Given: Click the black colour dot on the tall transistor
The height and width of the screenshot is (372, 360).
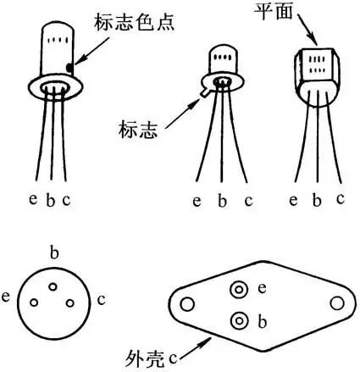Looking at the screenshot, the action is tap(69, 68).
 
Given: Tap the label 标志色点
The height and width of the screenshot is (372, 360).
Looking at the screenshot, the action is tap(134, 23).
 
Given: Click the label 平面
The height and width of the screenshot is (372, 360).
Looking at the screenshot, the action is tap(273, 11).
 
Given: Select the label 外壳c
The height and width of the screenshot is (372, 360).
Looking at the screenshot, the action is tap(152, 358).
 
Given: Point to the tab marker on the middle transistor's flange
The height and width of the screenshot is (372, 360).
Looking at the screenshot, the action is tap(204, 92).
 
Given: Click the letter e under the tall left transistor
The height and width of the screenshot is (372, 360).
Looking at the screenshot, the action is tap(33, 199).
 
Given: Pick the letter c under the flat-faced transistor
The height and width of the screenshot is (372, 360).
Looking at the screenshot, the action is tap(341, 198).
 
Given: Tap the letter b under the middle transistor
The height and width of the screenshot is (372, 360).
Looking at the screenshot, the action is tap(223, 201).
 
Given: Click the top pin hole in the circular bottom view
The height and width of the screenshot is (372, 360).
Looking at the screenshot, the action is tap(53, 286).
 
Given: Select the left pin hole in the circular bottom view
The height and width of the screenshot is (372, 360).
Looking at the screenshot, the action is tap(34, 303).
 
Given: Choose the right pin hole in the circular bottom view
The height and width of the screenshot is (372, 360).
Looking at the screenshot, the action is tap(69, 303).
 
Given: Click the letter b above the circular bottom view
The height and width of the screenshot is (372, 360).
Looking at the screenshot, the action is tap(54, 253).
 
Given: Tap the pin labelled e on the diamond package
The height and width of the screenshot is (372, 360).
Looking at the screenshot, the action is tap(239, 290).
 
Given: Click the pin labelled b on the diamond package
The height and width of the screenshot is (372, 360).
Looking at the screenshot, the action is tap(239, 321).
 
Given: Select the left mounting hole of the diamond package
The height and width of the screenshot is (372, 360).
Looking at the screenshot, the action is tap(187, 304).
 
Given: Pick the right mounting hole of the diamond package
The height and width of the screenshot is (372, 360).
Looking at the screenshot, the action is tap(337, 303).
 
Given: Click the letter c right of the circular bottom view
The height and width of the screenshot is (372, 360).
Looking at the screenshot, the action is tap(101, 299).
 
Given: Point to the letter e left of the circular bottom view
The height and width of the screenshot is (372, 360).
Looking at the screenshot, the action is tap(6, 297).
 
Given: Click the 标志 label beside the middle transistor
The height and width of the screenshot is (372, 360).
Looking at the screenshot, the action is tap(137, 130).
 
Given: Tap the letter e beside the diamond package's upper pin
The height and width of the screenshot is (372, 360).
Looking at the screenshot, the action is tap(262, 289).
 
